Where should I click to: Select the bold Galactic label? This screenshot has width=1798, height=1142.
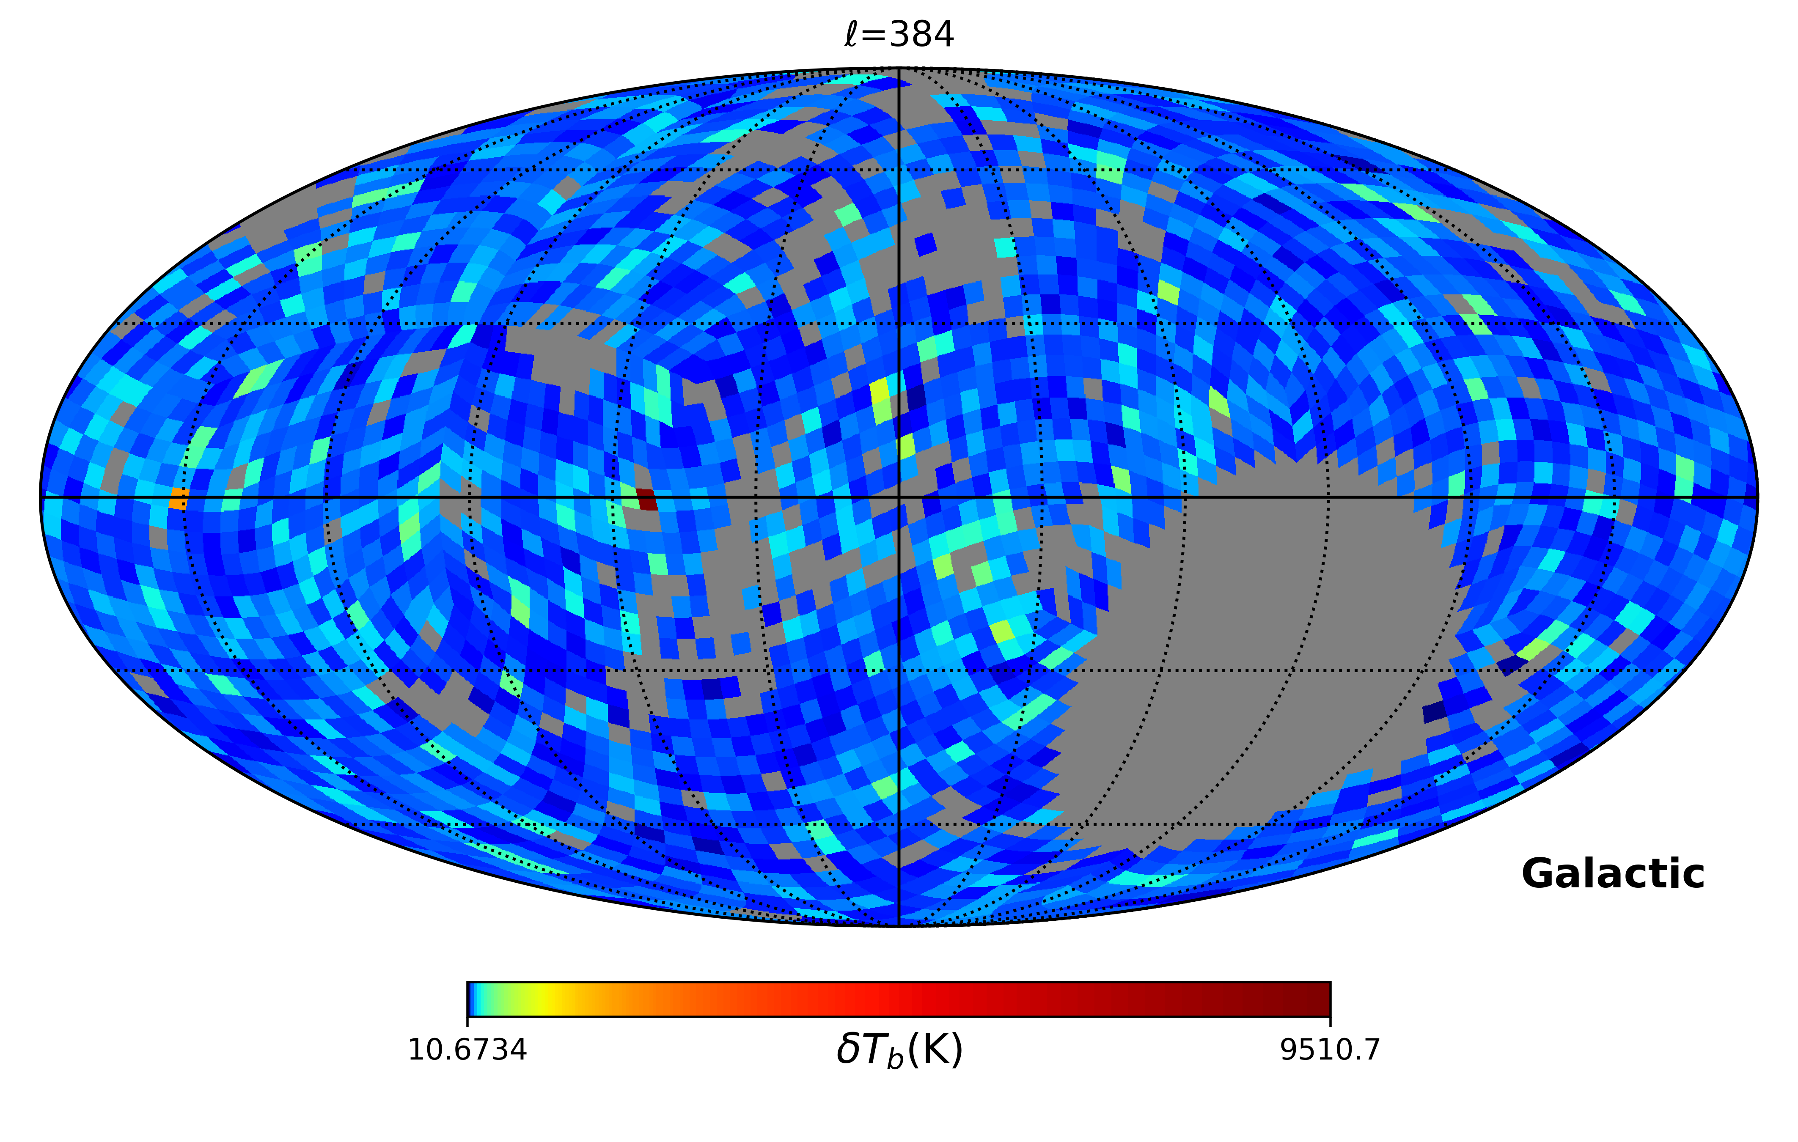[1613, 873]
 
